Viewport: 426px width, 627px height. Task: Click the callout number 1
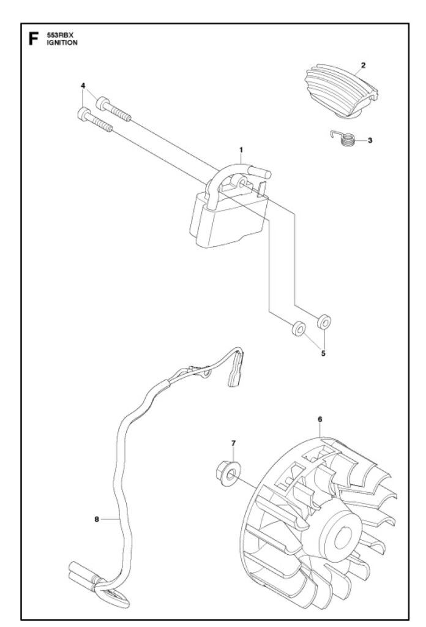click(x=241, y=149)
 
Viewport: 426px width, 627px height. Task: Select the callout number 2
click(x=363, y=64)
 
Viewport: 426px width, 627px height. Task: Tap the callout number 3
click(x=370, y=140)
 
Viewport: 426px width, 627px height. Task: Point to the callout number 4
click(x=83, y=86)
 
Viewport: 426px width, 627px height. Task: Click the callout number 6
click(x=319, y=419)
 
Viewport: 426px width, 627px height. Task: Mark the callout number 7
click(x=233, y=442)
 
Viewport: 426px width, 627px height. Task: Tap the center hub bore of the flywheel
click(x=343, y=524)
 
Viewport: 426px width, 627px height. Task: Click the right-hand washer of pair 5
click(x=324, y=321)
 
